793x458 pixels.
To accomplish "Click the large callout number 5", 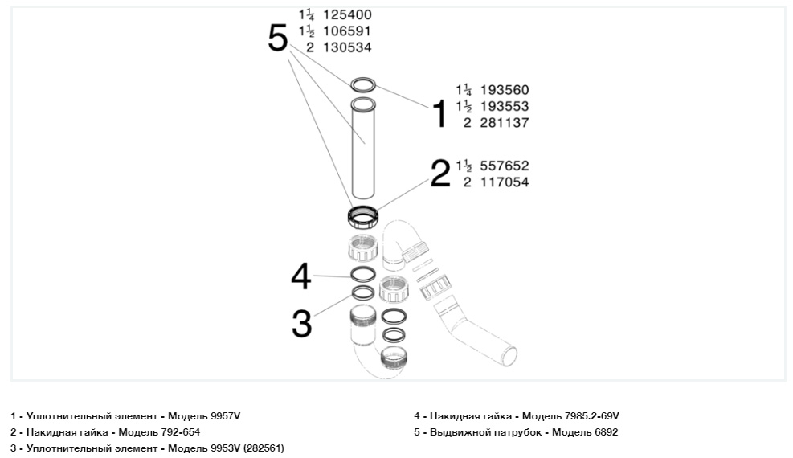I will coord(277,38).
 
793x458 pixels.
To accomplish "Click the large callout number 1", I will coord(439,114).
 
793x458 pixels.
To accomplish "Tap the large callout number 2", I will coord(440,173).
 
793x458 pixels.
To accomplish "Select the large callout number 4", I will coord(300,277).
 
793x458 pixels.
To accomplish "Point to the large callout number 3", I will coord(300,323).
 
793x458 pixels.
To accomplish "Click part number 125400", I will coord(347,15).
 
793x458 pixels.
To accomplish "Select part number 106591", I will coord(347,31).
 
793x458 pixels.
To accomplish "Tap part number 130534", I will coord(347,47).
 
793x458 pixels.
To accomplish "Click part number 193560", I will coord(505,90).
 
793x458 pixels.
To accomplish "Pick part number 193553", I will coord(505,106).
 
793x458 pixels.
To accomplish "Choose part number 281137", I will coord(505,123).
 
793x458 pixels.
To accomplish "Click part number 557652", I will coord(505,166).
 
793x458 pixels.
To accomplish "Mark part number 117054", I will coord(505,182).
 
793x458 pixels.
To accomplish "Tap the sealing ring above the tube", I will coord(363,84).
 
